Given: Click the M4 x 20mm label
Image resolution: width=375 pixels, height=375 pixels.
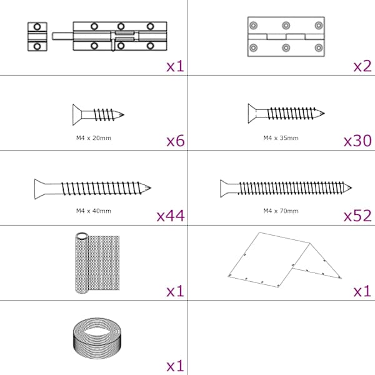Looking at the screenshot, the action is click(x=94, y=138).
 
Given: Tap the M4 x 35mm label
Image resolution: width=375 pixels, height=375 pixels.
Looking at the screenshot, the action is click(x=281, y=138).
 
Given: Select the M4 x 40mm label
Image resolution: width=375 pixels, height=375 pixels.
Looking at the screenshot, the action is click(x=94, y=211).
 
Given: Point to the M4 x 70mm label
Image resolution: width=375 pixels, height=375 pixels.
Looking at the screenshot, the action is click(x=281, y=211).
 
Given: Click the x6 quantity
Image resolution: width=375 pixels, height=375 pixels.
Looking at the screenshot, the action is click(x=176, y=141).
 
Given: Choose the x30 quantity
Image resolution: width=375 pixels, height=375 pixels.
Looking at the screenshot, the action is click(x=357, y=141).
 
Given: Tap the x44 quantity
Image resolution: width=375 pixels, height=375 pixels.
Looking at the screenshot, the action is click(x=171, y=216).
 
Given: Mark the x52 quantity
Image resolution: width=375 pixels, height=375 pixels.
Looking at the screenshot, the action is click(x=357, y=216).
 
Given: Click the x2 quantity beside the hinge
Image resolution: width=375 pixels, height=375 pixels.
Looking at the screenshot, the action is click(x=362, y=66).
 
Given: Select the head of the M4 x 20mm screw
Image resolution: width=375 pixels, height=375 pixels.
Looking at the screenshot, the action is click(x=77, y=115).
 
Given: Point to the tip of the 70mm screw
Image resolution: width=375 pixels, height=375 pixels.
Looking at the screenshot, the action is click(x=351, y=187).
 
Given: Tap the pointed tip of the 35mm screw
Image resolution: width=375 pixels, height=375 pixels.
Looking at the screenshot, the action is click(x=324, y=113).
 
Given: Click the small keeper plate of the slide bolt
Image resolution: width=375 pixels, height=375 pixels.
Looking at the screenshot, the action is click(x=37, y=37).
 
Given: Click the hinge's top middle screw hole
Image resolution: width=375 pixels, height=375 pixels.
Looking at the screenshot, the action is click(x=286, y=26).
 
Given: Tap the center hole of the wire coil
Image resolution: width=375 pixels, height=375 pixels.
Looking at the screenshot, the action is click(x=97, y=332).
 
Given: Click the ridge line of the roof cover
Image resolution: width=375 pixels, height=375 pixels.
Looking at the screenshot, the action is click(x=284, y=237).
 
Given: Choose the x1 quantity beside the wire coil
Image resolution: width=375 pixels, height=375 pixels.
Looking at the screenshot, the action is click(x=176, y=366).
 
